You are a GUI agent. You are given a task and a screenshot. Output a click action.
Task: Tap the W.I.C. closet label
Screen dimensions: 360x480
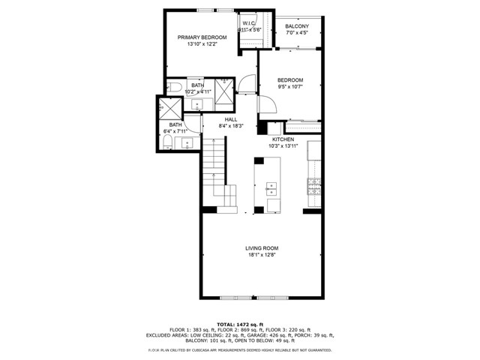[x=249, y=24]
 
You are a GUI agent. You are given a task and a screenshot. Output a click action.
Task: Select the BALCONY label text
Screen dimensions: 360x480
[x=297, y=26]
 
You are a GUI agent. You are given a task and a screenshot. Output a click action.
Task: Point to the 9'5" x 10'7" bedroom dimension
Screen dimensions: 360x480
[x=290, y=87]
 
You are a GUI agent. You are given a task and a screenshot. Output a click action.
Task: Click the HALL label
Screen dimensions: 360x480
[x=230, y=119]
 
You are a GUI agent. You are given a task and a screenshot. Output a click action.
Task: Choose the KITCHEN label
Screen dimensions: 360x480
[x=282, y=139]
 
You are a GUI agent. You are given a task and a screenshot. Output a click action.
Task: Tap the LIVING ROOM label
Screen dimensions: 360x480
[x=262, y=248]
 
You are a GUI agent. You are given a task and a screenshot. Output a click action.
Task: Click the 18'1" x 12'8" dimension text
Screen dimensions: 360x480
[x=262, y=256]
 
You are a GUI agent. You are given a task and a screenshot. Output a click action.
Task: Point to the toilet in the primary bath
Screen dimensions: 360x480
[x=172, y=89]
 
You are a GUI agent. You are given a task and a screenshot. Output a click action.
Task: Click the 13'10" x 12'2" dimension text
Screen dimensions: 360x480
[x=202, y=44]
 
